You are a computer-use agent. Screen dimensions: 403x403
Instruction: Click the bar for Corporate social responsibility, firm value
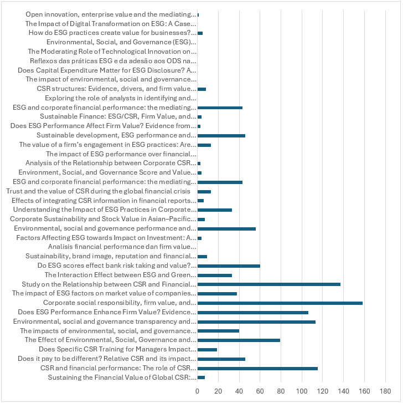280,303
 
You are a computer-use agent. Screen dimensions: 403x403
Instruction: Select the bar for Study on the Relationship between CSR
268,284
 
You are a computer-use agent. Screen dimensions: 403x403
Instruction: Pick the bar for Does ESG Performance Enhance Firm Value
252,313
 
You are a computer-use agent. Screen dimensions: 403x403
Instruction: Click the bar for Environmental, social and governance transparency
256,322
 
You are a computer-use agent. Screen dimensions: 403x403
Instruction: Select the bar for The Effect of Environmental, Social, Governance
239,340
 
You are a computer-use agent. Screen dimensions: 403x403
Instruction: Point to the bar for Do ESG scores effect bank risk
229,266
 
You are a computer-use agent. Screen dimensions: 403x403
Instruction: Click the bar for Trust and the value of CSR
204,191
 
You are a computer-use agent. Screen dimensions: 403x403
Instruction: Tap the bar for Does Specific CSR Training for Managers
207,350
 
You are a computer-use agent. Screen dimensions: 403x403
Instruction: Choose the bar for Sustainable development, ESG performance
221,135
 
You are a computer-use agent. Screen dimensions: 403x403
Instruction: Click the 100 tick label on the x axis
302,391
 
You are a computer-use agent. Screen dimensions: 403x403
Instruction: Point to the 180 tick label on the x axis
385,391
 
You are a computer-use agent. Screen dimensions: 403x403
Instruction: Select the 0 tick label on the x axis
198,391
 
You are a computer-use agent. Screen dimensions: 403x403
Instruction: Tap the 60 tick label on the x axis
260,391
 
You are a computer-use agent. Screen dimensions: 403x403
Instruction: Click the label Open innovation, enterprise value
111,14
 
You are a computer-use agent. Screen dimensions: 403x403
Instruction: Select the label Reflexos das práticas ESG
112,61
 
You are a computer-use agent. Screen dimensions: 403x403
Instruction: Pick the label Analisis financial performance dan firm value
122,247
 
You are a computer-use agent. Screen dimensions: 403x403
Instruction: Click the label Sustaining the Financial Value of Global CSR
122,378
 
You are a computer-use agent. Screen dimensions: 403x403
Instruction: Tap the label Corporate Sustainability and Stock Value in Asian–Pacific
103,219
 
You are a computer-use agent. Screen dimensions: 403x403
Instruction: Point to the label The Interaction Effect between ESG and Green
120,275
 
